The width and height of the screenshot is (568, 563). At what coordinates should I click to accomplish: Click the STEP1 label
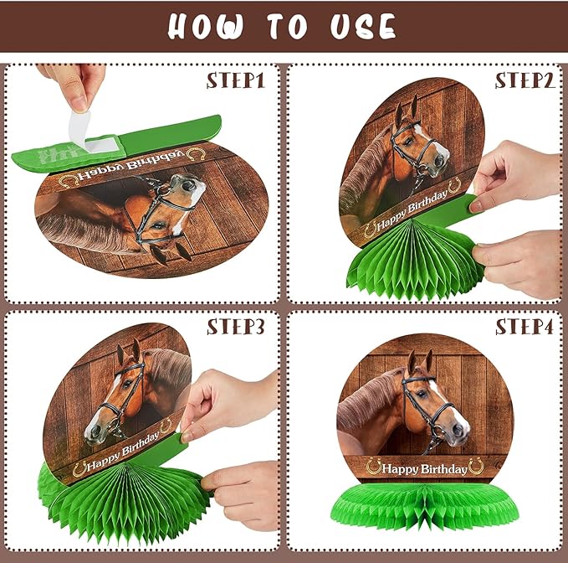point(235,80)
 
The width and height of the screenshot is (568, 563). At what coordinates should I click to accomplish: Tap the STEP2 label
point(525,80)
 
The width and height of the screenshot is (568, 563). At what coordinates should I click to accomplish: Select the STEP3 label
point(235,327)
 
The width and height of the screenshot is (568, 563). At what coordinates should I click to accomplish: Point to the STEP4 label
point(525,327)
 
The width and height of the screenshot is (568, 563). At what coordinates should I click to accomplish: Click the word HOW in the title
point(205,26)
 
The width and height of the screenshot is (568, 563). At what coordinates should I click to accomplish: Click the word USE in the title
point(363,26)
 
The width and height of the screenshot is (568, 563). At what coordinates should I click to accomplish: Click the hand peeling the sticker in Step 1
point(73,85)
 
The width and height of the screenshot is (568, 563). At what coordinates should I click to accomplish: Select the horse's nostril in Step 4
point(458,430)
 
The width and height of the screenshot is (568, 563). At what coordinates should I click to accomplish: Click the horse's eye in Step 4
point(422,393)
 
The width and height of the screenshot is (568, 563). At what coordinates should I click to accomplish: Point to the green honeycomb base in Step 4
point(425,505)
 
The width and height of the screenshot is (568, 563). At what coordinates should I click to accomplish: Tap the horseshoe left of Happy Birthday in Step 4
point(374,466)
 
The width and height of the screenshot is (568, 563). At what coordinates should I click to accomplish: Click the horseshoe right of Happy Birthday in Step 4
point(476,466)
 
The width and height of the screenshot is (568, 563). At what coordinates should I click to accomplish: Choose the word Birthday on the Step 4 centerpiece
point(443,469)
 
